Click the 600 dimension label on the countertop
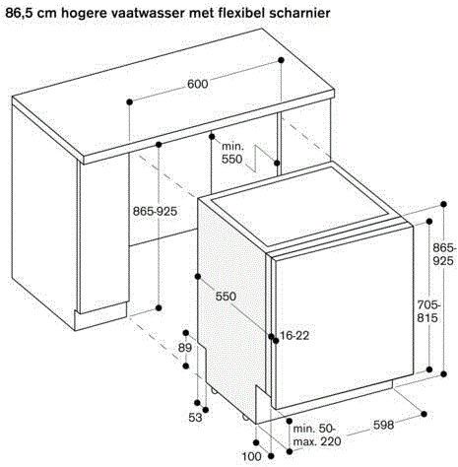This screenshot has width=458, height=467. click(x=197, y=85)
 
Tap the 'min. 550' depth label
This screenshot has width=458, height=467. click(x=233, y=153)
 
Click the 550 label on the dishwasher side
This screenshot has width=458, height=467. click(x=226, y=296)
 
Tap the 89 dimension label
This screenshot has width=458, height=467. click(x=184, y=349)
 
